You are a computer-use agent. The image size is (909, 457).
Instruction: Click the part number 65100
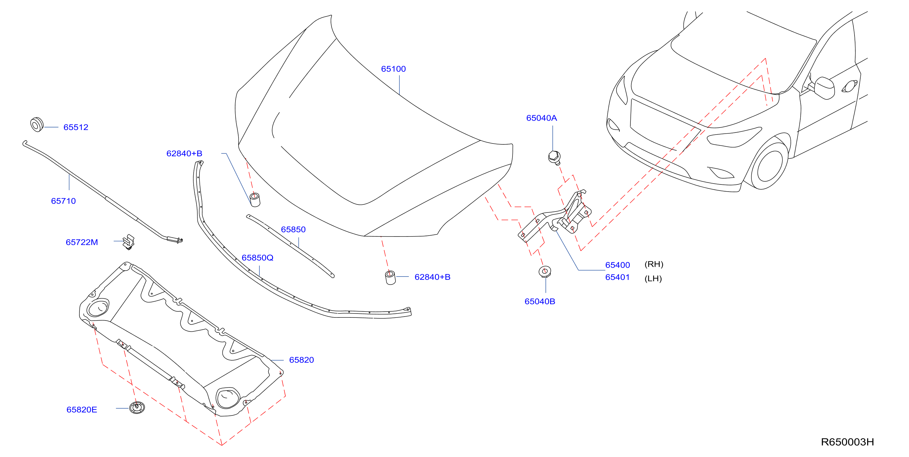393,69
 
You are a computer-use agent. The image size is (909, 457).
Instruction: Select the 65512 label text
75,127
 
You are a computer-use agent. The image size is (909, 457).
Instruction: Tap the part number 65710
63,201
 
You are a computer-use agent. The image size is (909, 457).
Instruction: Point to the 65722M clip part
128,242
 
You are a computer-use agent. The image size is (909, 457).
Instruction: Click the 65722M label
82,242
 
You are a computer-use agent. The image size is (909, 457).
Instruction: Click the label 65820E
82,409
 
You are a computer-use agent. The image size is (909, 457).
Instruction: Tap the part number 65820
301,360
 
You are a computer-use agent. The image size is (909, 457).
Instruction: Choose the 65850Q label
257,258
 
